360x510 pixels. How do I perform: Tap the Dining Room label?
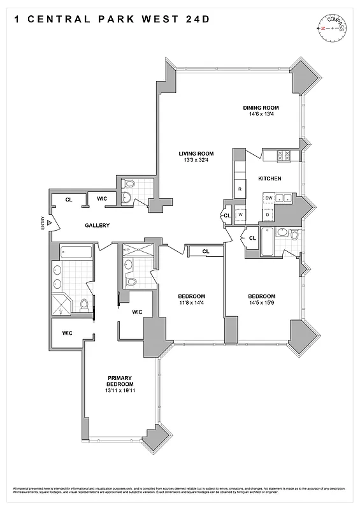pyautogui.click(x=261, y=108)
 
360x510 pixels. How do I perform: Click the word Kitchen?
pyautogui.click(x=270, y=178)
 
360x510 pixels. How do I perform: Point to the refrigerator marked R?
pyautogui.click(x=240, y=190)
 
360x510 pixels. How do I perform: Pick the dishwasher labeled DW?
pyautogui.click(x=269, y=198)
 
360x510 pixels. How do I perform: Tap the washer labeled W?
pyautogui.click(x=240, y=215)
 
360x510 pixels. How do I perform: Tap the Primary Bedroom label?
pyautogui.click(x=120, y=381)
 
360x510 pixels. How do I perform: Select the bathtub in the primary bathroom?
pyautogui.click(x=76, y=251)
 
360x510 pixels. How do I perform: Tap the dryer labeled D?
pyautogui.click(x=268, y=215)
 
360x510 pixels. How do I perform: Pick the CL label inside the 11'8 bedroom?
pyautogui.click(x=205, y=251)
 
